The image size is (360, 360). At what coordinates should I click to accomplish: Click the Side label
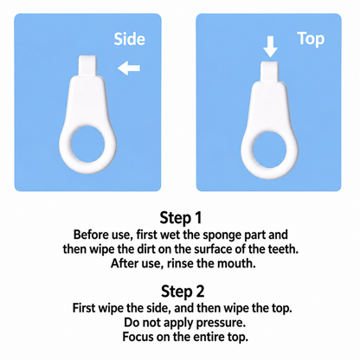129,39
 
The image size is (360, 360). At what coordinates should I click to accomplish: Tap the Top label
311,39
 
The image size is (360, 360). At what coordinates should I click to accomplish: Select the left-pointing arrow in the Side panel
129,68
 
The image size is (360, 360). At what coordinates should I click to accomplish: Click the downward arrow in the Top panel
270,47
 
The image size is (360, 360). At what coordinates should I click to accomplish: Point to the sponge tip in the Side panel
87,66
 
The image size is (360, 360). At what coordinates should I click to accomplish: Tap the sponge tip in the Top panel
269,72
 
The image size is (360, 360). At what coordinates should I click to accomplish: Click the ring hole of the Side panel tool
88,144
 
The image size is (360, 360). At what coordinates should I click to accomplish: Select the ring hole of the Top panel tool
269,150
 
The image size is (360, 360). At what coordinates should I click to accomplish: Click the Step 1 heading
181,218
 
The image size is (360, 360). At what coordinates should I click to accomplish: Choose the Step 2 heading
183,292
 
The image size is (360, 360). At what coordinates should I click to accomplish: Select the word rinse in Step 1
181,263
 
